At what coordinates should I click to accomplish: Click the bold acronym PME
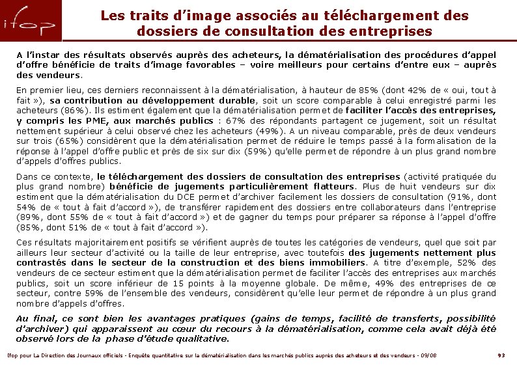[x=92, y=120]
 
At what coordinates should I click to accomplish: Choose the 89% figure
[x=28, y=217]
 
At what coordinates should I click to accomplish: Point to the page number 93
[x=501, y=355]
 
